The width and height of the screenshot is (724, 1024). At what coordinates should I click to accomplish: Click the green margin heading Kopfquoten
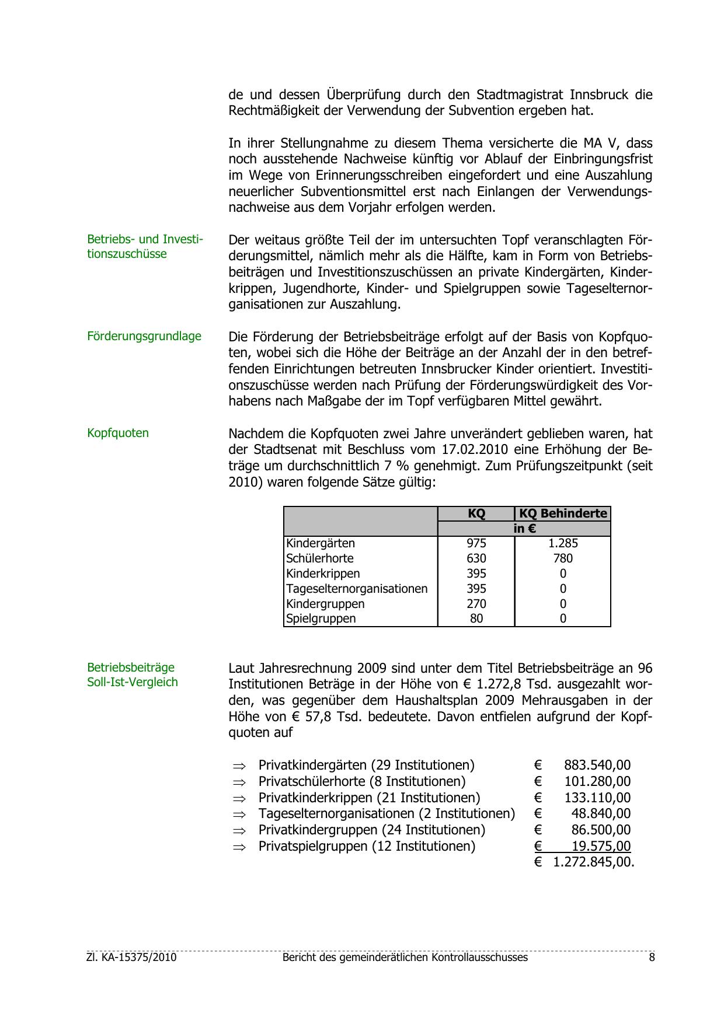tap(118, 433)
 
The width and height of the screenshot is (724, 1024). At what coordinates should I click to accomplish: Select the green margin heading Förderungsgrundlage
tap(144, 336)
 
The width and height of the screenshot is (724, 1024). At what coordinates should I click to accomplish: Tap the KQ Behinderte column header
tap(563, 513)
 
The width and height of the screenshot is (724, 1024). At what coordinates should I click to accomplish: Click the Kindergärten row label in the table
tap(321, 543)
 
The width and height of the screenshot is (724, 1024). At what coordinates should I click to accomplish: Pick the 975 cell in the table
tap(476, 543)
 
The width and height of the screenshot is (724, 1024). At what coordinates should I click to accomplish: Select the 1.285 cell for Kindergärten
tap(563, 543)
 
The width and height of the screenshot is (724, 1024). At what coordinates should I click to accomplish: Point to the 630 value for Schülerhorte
tap(476, 558)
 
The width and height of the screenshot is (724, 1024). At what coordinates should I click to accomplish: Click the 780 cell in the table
tap(563, 558)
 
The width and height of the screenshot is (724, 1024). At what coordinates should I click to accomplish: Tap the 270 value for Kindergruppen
tap(476, 604)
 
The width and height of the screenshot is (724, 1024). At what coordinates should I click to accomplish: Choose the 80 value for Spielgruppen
tap(476, 618)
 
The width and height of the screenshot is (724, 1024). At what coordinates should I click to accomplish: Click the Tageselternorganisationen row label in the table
tap(357, 589)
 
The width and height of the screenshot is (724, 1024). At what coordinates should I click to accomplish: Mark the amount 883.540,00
tap(597, 765)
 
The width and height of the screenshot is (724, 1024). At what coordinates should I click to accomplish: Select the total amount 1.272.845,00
tap(593, 862)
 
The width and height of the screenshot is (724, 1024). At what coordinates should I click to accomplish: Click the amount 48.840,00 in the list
tap(601, 813)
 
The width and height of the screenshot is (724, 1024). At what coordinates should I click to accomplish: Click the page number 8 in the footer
tap(652, 957)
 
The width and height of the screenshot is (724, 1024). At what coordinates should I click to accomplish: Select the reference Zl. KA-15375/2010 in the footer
tap(131, 957)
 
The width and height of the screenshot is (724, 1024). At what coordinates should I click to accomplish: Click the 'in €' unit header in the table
tap(524, 529)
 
